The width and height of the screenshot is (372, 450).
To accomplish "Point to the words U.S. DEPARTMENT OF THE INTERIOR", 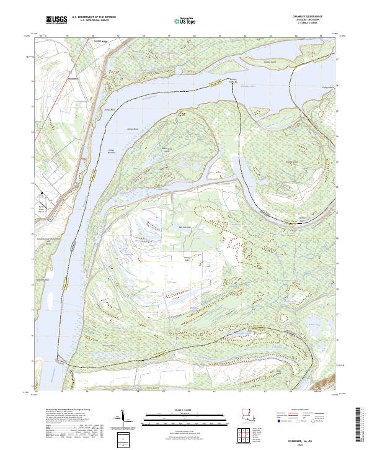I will (x=94, y=17).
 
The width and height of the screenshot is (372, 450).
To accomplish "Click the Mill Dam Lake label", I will (x=184, y=227).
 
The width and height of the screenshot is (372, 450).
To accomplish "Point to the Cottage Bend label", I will (x=324, y=88).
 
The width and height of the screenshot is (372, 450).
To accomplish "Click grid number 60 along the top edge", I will (x=195, y=36).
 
